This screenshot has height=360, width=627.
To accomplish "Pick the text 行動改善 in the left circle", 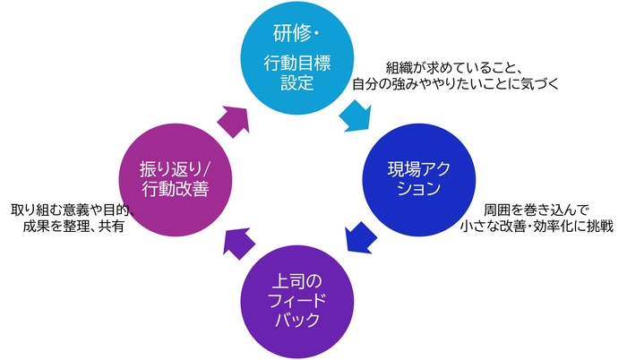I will click(176, 189).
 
